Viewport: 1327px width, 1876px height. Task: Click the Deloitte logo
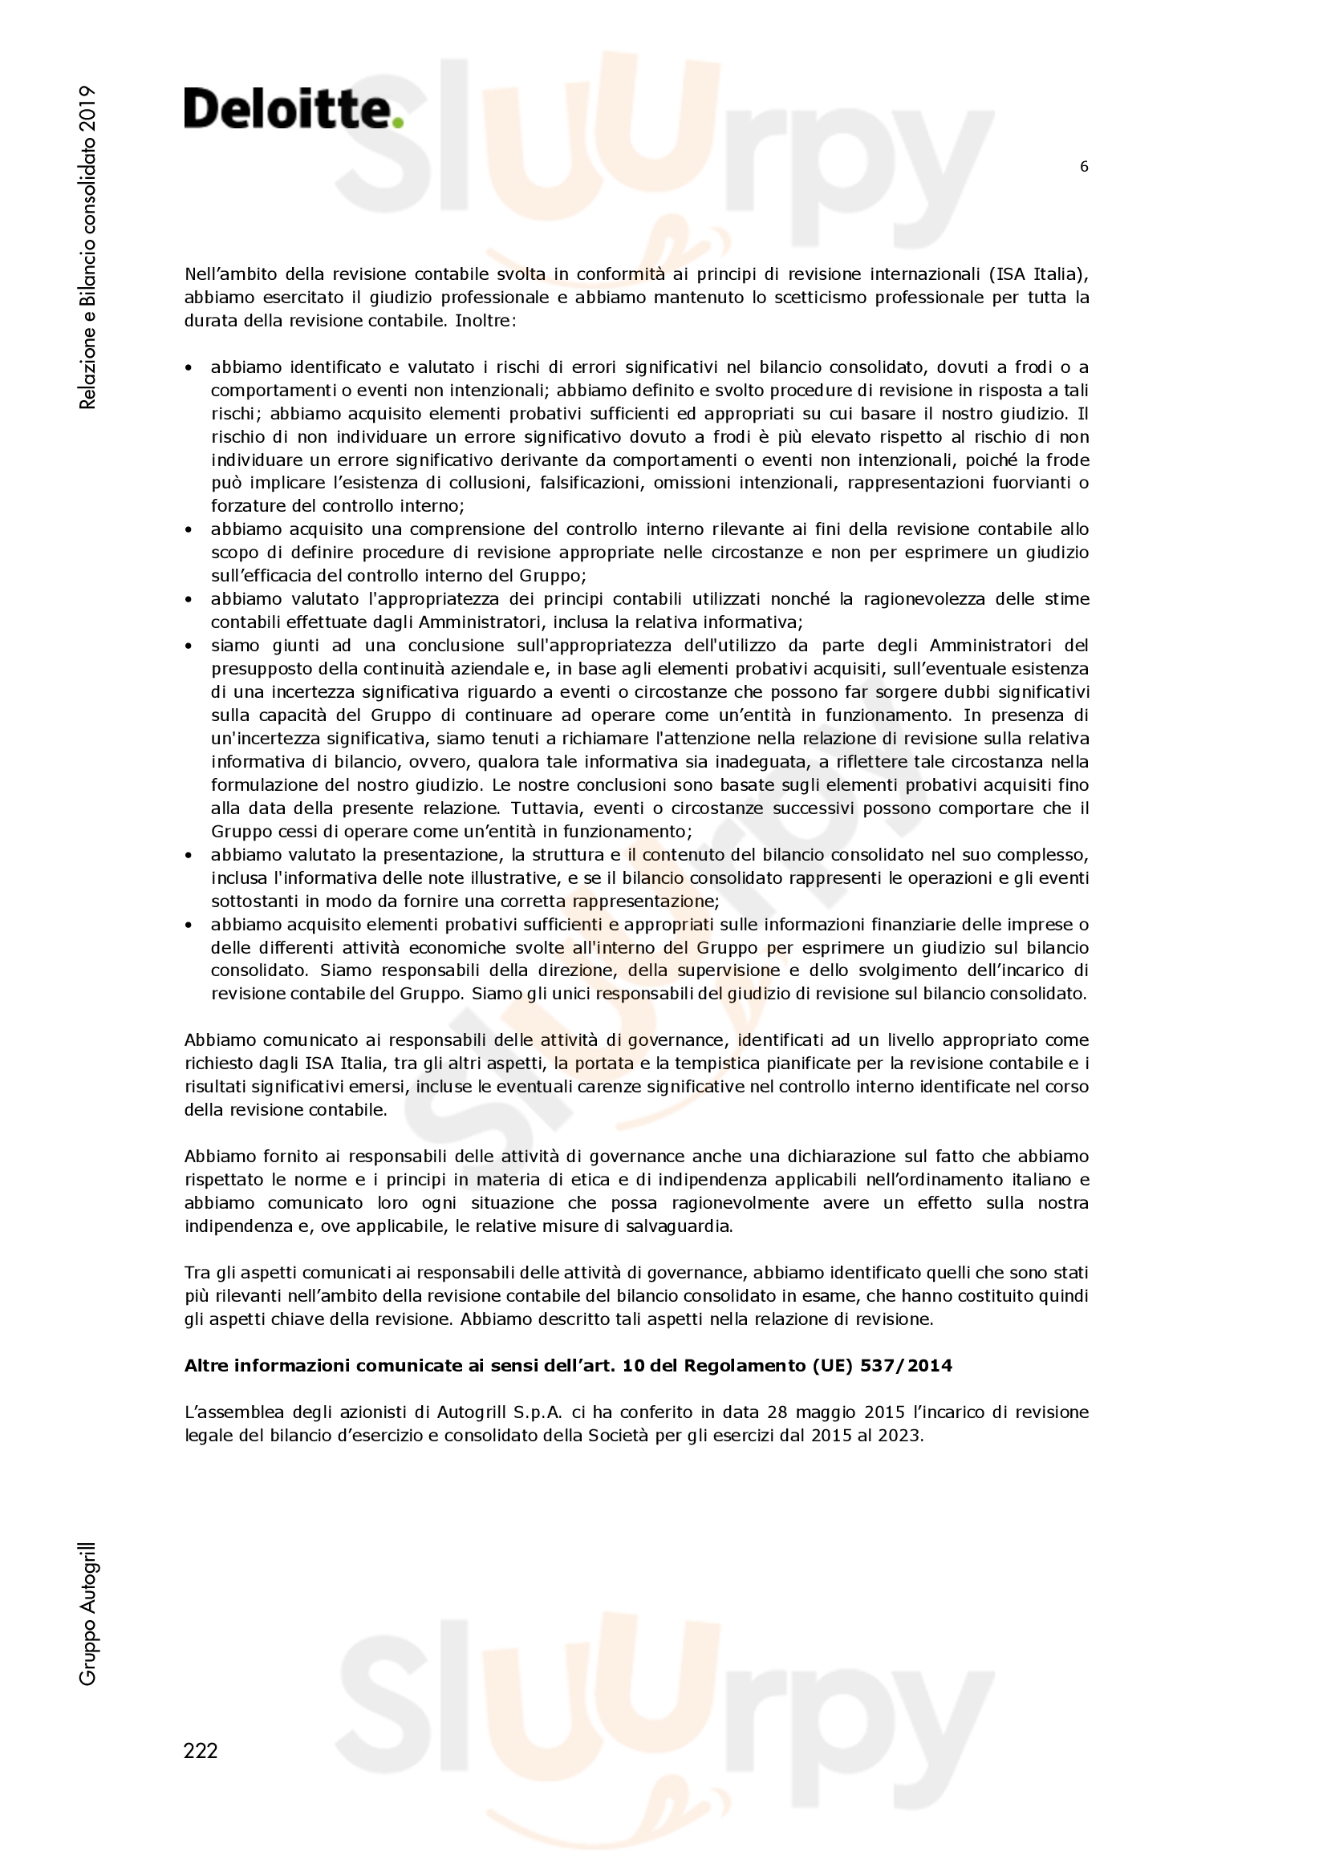[293, 108]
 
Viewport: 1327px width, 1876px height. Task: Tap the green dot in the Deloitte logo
[398, 123]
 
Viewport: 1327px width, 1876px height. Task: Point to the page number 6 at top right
[1083, 167]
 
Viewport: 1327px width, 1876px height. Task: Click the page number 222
[201, 1750]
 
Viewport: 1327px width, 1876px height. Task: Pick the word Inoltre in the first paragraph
[485, 320]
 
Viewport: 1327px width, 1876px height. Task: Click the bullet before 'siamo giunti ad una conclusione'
[189, 646]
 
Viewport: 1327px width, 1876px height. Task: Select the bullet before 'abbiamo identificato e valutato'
[189, 367]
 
